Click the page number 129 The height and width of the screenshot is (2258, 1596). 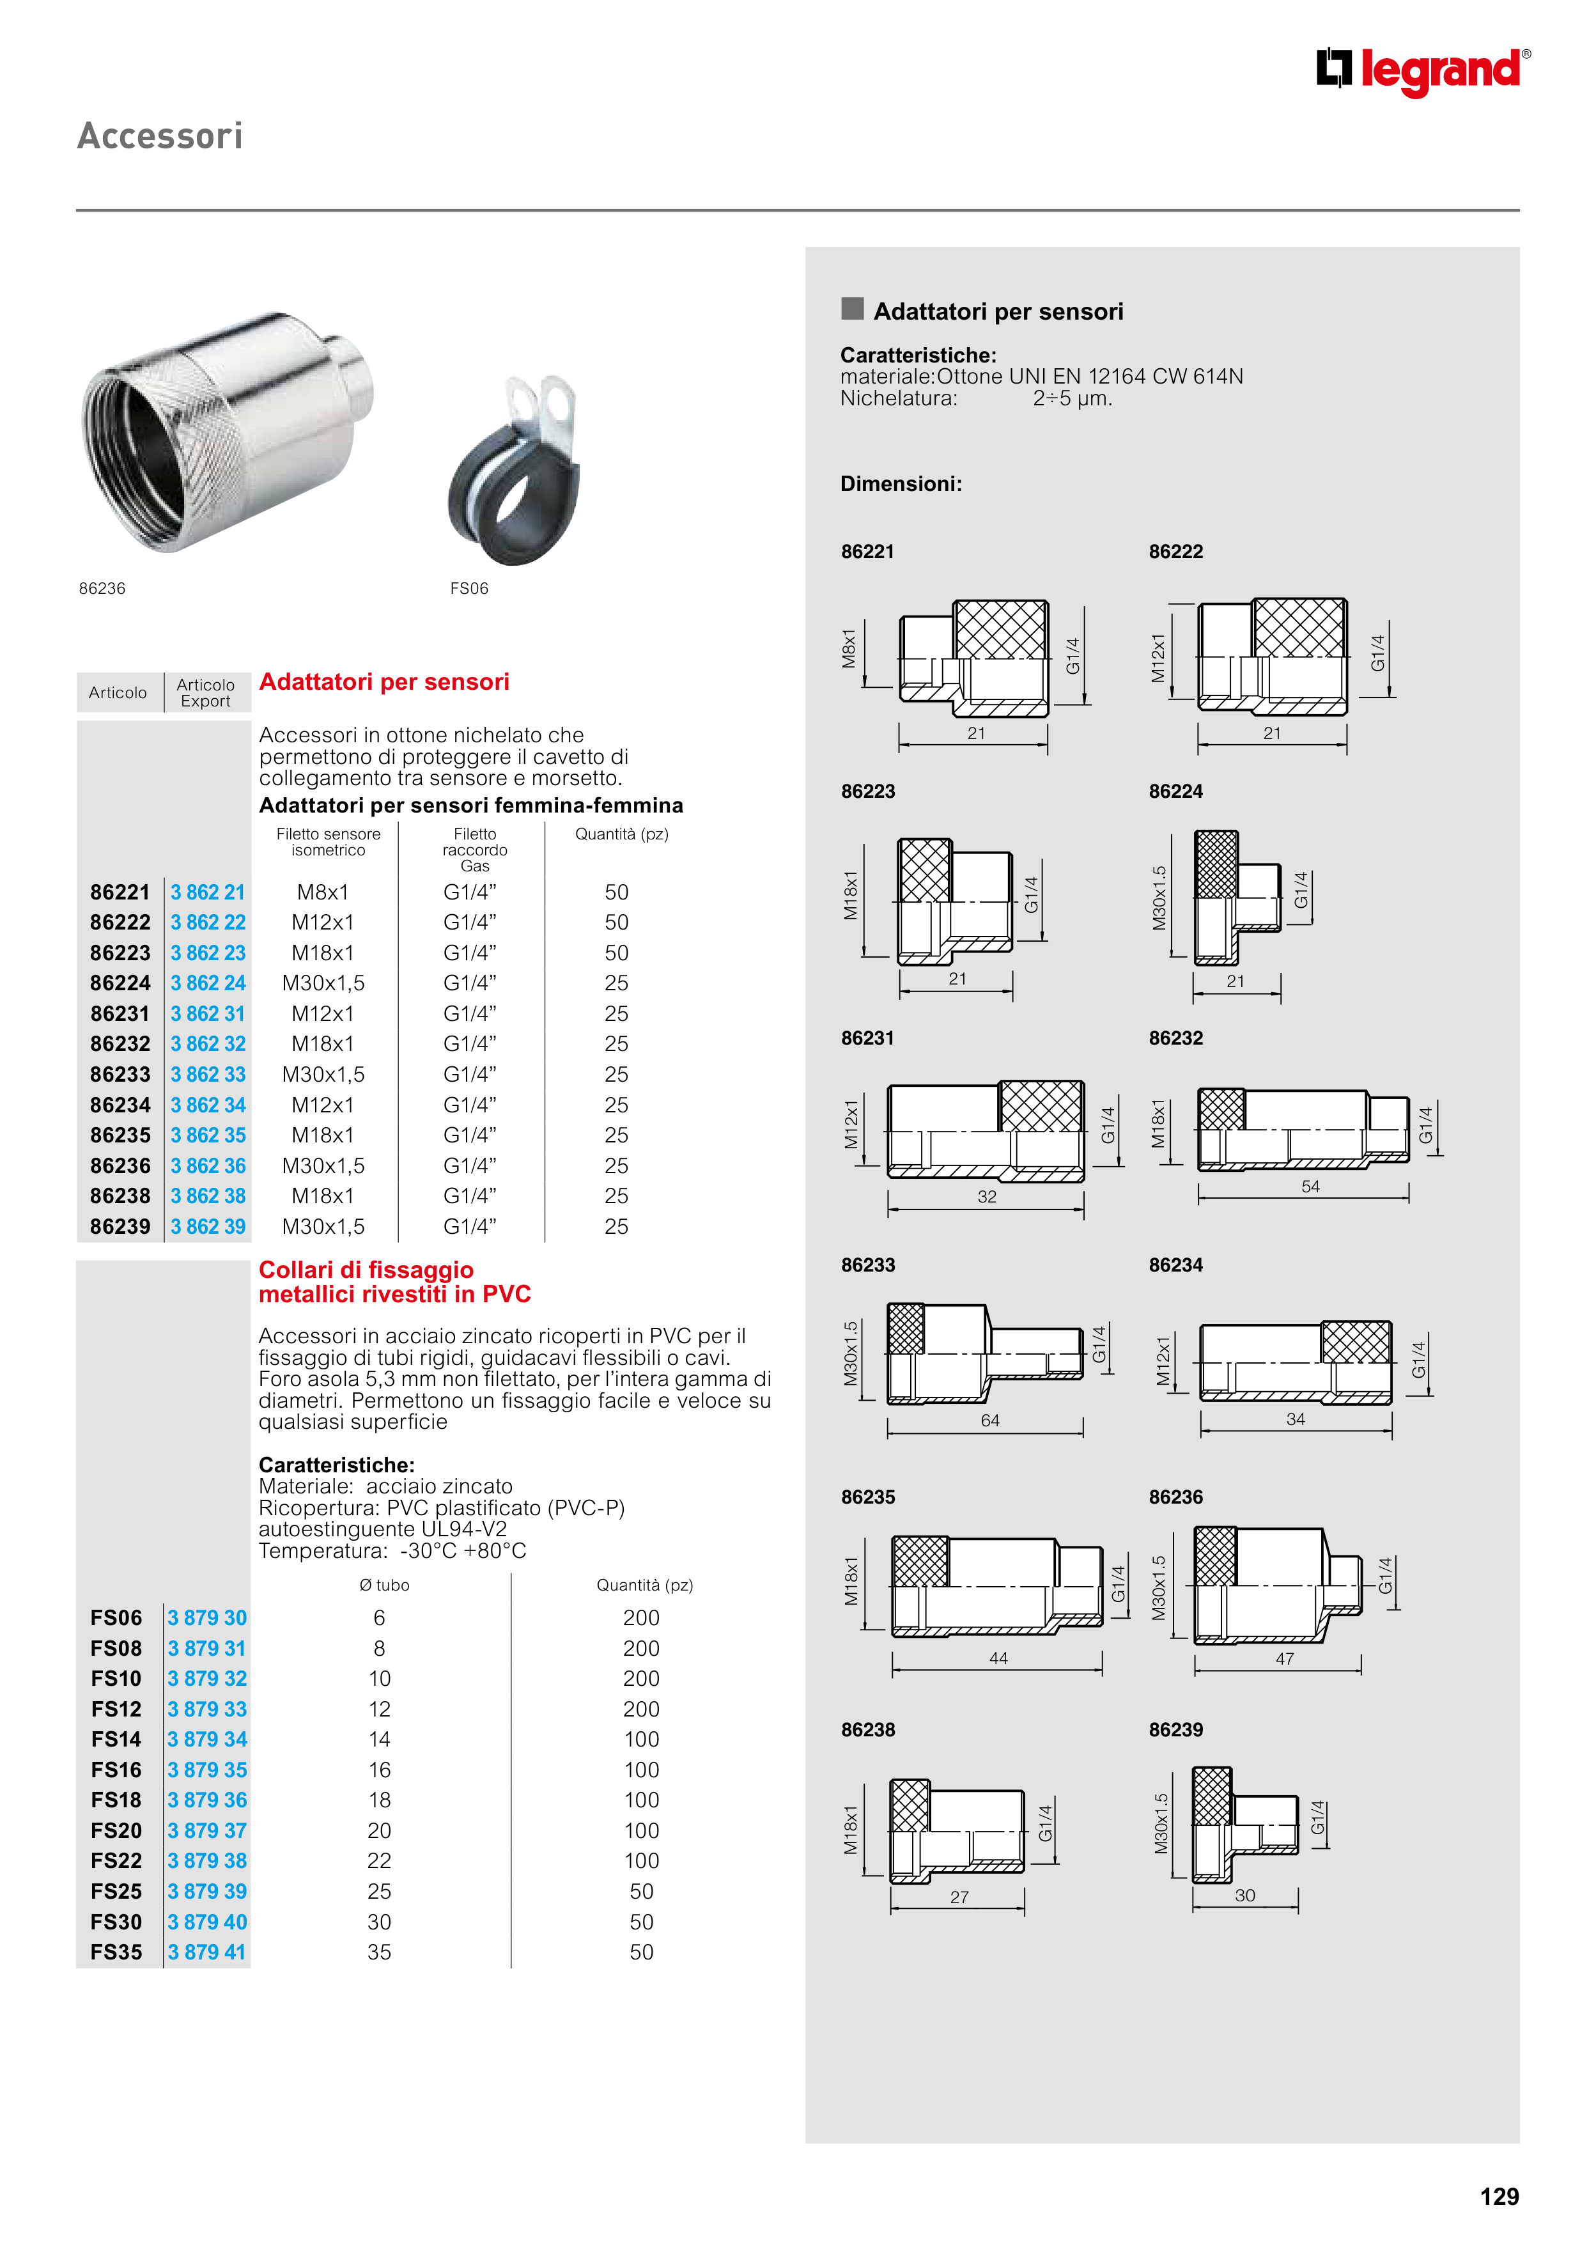[1499, 2196]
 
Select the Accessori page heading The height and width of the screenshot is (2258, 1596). [160, 136]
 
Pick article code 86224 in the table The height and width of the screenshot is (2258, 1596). [120, 983]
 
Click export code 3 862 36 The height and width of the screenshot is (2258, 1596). [208, 1165]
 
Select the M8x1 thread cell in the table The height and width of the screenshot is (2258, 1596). [323, 892]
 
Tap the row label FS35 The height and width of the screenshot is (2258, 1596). [116, 1952]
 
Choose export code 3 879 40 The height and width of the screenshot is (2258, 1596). [208, 1922]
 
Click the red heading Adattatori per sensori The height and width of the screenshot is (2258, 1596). [384, 681]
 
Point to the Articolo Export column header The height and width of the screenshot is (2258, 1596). [206, 692]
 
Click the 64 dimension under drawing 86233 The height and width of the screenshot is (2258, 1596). [989, 1420]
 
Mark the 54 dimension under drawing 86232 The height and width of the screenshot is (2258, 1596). [1310, 1186]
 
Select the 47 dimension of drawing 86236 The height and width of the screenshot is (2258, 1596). [1284, 1658]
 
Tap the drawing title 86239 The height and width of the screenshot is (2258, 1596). [1175, 1729]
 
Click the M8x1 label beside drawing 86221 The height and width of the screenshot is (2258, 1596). [849, 649]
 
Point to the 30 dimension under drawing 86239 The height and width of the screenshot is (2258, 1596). [1245, 1895]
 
